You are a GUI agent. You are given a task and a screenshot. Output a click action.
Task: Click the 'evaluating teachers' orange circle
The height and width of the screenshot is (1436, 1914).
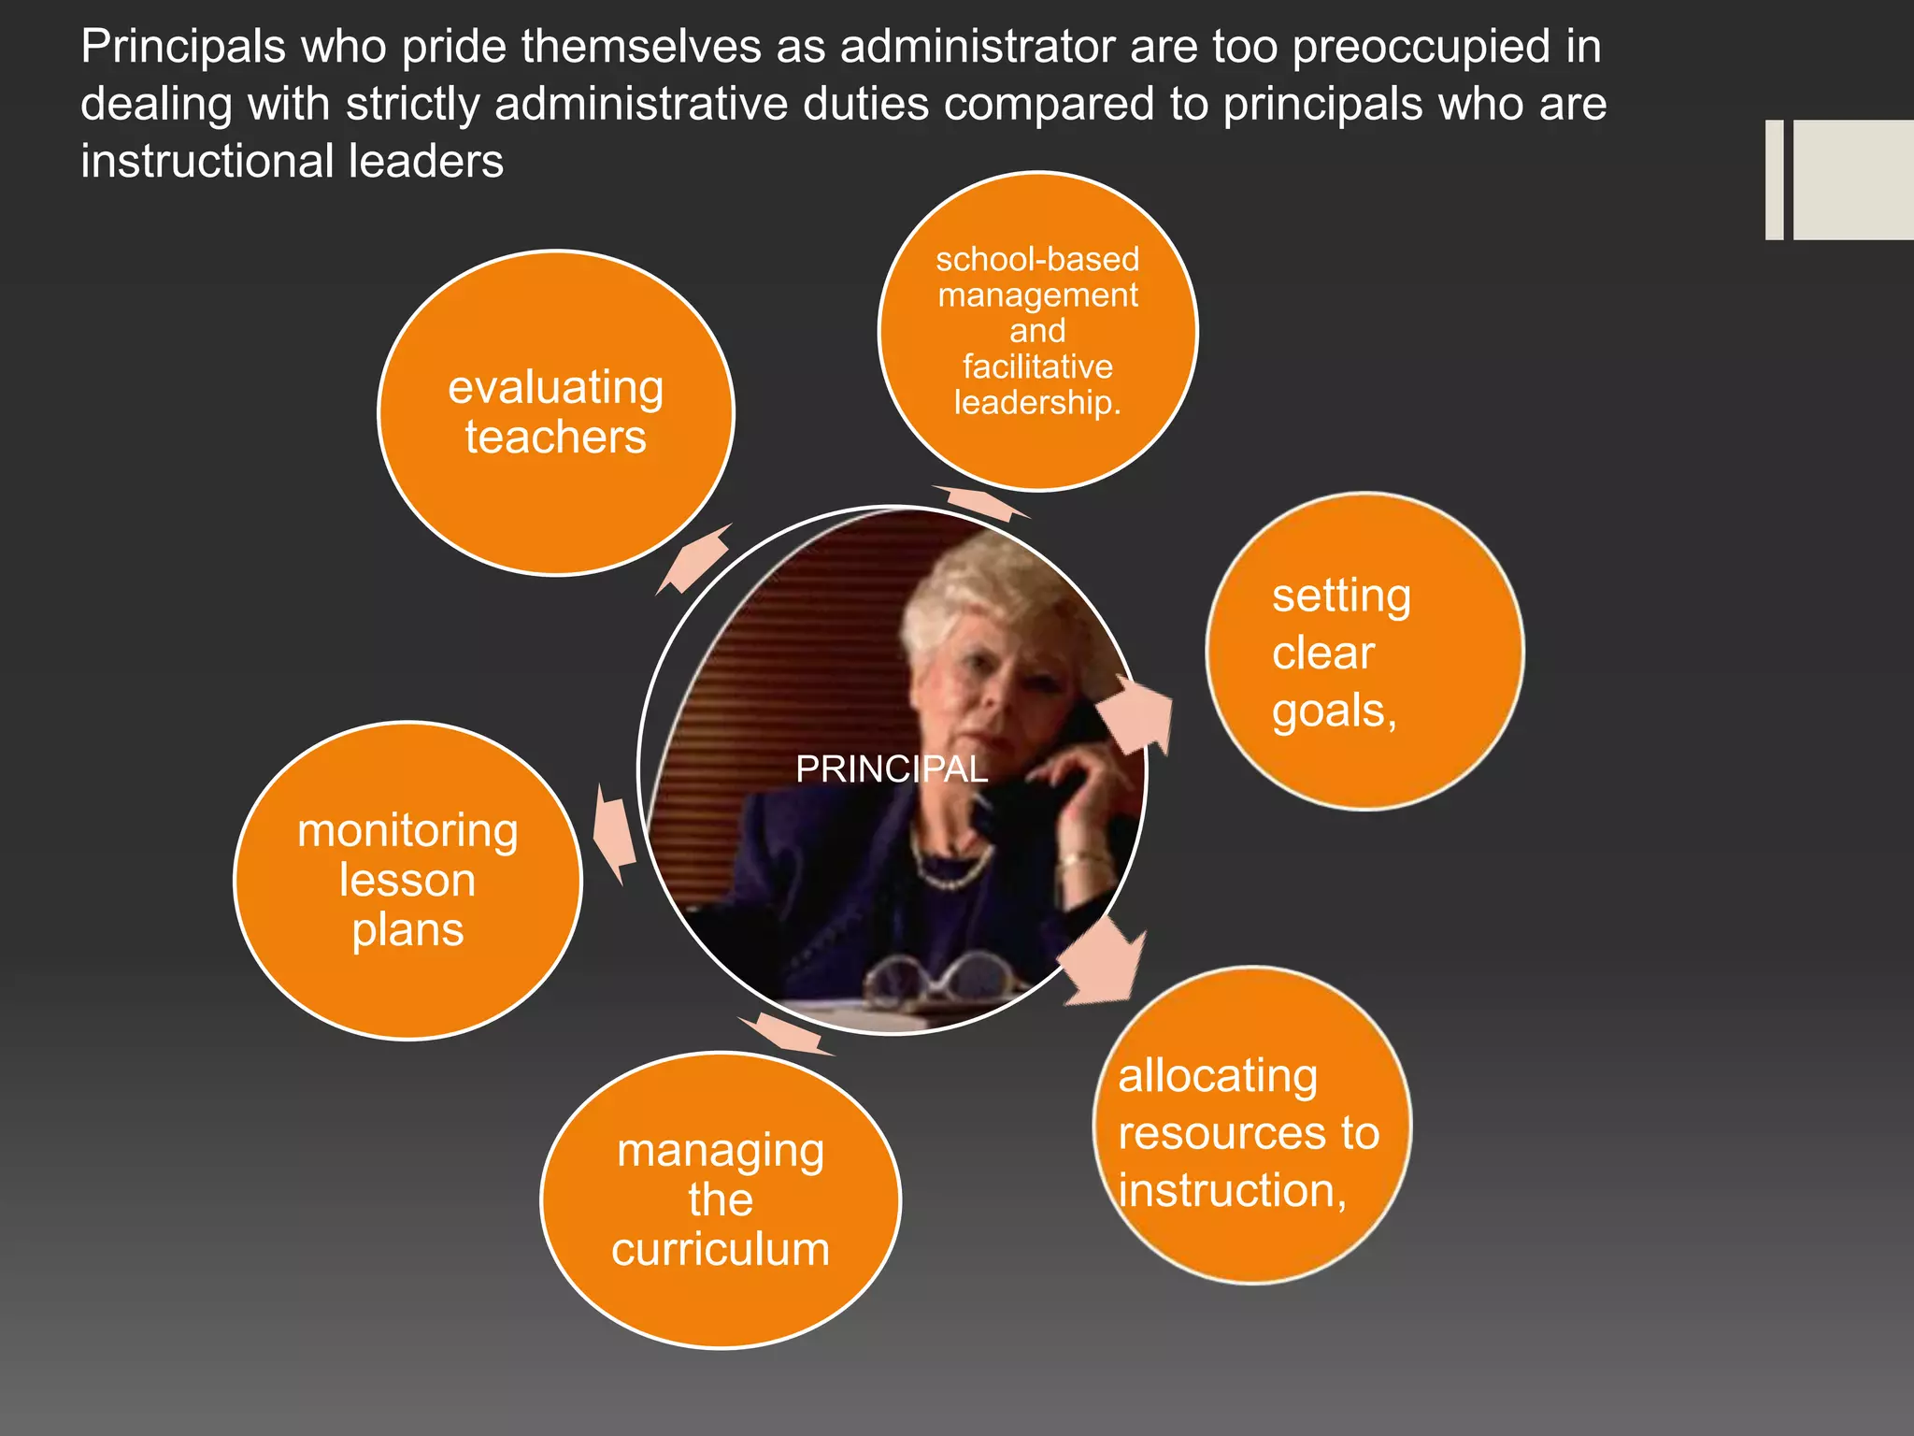click(556, 412)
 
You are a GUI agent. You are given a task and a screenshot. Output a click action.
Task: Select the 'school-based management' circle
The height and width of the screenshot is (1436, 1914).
click(1037, 331)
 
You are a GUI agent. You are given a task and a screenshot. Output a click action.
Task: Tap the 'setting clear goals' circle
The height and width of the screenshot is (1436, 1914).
click(1364, 652)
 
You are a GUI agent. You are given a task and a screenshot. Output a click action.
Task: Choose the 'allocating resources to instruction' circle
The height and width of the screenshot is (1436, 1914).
click(1252, 1126)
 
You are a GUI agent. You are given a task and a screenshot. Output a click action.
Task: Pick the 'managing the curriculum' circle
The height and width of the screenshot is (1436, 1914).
click(721, 1199)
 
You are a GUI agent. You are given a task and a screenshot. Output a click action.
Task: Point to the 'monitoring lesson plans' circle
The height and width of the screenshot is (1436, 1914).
click(407, 880)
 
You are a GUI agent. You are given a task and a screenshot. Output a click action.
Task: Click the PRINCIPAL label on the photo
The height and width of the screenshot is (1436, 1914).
click(891, 769)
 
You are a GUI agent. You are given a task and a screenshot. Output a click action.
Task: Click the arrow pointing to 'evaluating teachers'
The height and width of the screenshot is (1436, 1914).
click(695, 559)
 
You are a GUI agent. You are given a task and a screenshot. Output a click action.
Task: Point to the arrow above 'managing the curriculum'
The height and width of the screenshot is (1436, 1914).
click(785, 1034)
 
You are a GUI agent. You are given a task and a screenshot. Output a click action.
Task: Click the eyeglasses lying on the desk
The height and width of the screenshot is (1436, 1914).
click(935, 977)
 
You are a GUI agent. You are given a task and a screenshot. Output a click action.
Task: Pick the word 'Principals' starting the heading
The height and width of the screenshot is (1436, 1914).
click(182, 47)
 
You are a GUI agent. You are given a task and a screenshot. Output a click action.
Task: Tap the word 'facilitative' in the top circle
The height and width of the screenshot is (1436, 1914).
click(1037, 366)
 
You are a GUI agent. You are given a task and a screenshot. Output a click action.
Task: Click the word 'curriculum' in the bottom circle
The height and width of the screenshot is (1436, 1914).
click(721, 1249)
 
